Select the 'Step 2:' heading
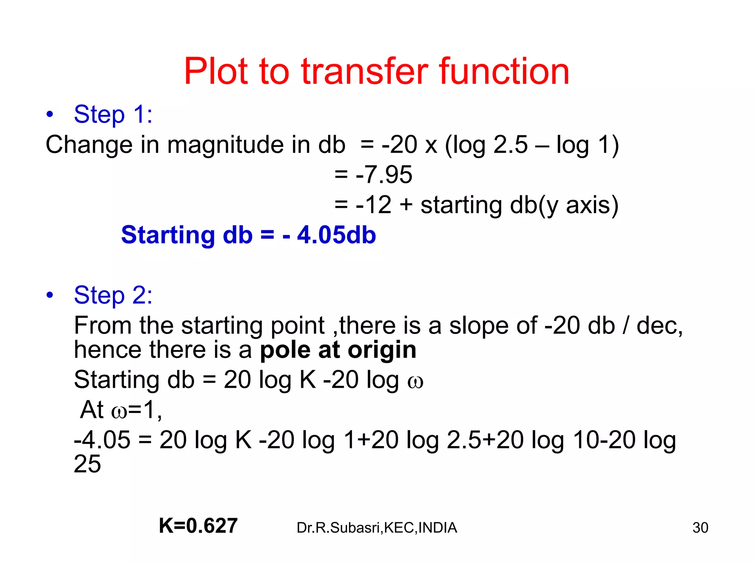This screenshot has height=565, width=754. click(x=113, y=295)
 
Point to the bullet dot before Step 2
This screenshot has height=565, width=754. click(x=50, y=295)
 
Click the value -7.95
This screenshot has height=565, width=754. click(x=384, y=174)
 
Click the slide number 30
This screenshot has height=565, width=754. click(x=700, y=527)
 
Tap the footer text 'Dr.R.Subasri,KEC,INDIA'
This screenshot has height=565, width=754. click(x=377, y=527)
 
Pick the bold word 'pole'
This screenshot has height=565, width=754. click(x=285, y=350)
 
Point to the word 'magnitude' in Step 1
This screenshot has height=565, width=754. click(x=225, y=145)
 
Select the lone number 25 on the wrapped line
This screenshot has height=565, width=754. click(x=87, y=464)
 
